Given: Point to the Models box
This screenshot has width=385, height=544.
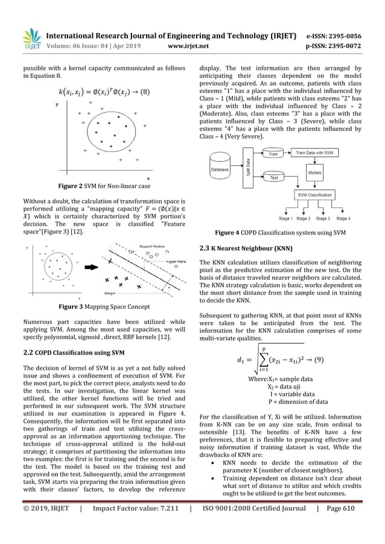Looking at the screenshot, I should click(x=314, y=172).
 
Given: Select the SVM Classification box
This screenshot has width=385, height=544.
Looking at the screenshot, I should click(x=314, y=195).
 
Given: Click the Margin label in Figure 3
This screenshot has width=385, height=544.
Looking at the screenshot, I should click(x=110, y=293).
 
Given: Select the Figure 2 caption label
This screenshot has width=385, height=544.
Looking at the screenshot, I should click(x=104, y=186).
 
